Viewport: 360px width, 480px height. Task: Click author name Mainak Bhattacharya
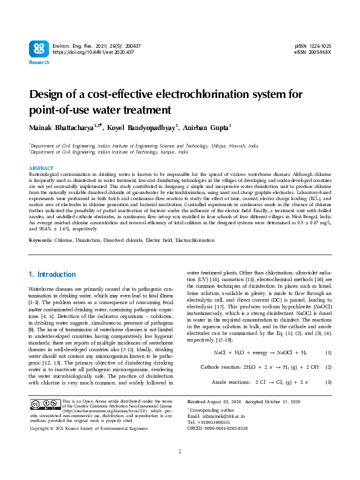(x=65, y=128)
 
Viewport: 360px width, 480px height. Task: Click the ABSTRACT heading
(x=41, y=167)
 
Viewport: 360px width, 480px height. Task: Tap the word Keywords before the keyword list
(x=40, y=240)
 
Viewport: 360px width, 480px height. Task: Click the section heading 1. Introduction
(x=53, y=274)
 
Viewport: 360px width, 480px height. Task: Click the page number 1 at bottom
(x=180, y=469)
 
